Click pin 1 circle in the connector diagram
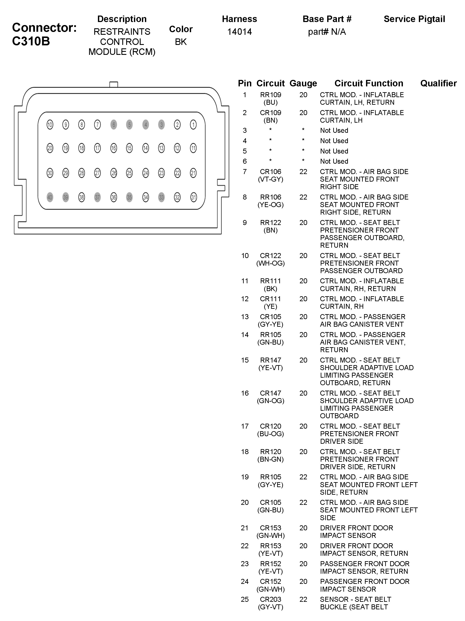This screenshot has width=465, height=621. [193, 125]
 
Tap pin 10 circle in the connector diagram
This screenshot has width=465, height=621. [50, 125]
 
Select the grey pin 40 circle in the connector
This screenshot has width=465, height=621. [50, 197]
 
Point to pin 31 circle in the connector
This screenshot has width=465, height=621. [193, 197]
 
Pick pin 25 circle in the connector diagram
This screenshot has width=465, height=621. [129, 173]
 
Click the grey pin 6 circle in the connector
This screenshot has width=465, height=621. [114, 125]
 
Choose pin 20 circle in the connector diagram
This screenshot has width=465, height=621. [50, 148]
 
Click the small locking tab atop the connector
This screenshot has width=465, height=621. [114, 84]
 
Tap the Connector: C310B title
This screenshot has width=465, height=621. [44, 34]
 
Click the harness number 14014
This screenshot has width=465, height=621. [239, 32]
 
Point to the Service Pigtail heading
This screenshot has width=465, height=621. [414, 19]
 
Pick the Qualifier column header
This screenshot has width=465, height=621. [438, 83]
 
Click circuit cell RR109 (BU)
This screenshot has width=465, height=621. [270, 98]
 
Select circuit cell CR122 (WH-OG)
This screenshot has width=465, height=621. [270, 259]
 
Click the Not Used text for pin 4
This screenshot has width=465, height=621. [334, 141]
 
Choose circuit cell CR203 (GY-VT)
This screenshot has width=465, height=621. [270, 603]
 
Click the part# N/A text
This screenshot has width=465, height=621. [327, 32]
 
